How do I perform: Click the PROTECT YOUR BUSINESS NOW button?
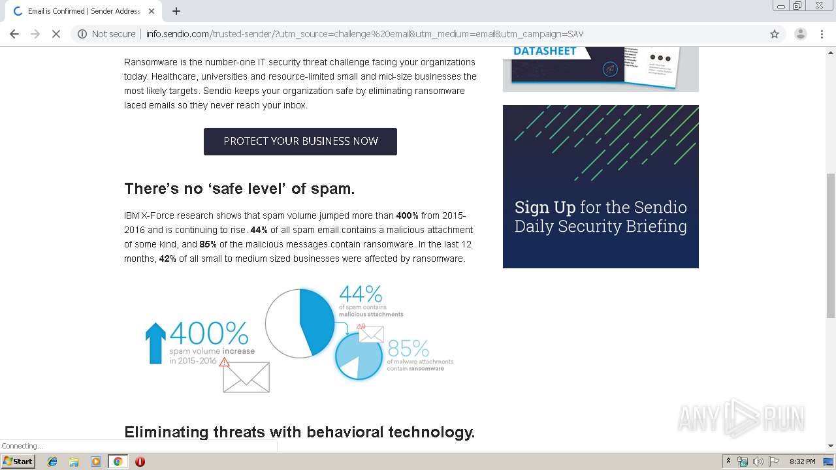click(x=300, y=142)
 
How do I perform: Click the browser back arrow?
click(x=14, y=34)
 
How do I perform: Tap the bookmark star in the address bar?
click(x=775, y=34)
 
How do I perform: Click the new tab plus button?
click(x=176, y=11)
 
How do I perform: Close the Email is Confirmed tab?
click(x=152, y=11)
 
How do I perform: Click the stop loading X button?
click(x=56, y=34)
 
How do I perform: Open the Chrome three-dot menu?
click(x=822, y=34)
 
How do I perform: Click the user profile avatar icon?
click(x=800, y=34)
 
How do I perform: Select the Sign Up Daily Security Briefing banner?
click(x=600, y=187)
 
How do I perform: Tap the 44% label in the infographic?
click(x=360, y=294)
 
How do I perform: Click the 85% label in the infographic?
click(x=408, y=349)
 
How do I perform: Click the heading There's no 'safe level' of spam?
click(x=239, y=189)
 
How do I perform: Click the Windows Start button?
click(x=18, y=461)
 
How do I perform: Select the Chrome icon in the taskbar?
click(x=118, y=461)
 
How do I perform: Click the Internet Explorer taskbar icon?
click(x=52, y=461)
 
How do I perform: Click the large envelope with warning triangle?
click(x=246, y=377)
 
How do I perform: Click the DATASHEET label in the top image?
click(x=545, y=51)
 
